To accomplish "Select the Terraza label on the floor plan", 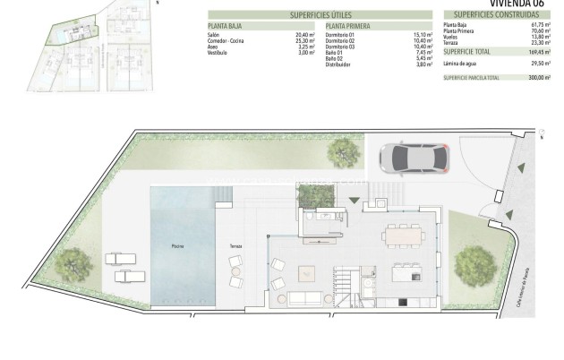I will coord(236,245).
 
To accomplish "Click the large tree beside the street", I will coord(472,263).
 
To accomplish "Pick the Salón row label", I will coord(213,34).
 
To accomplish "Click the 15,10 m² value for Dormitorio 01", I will coord(424,34).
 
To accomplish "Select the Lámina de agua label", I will coord(461,64).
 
